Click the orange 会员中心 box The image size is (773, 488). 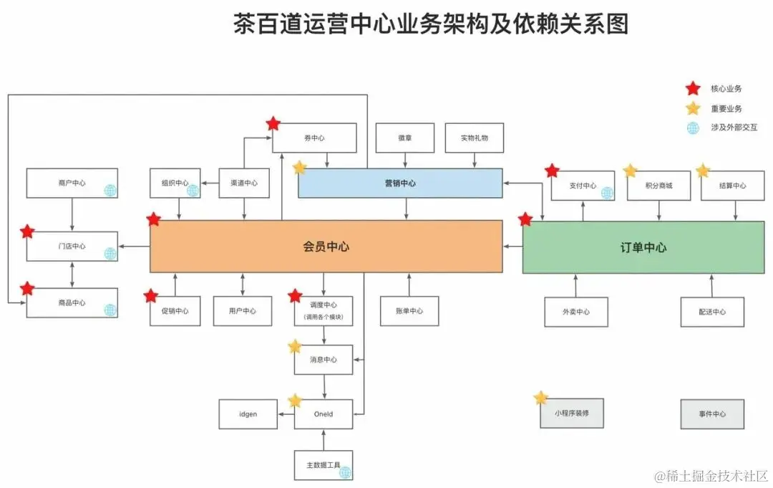tap(326, 247)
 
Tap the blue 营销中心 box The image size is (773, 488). tap(399, 183)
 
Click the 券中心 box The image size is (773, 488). tap(315, 138)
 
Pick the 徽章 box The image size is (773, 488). tap(405, 138)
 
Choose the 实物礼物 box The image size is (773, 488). tap(475, 138)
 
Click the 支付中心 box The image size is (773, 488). tap(583, 186)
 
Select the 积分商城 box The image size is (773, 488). tap(658, 186)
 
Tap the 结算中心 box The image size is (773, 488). tap(733, 186)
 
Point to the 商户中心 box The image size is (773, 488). tap(72, 183)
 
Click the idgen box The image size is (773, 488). tap(248, 414)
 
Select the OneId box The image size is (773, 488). tap(324, 414)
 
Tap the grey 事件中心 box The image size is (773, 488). tap(712, 414)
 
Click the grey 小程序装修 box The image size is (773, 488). tap(572, 413)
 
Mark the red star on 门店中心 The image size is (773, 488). tap(27, 231)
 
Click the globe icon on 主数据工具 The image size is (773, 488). tap(345, 472)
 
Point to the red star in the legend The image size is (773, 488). tap(692, 89)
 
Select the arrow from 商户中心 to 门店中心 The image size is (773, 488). tap(72, 214)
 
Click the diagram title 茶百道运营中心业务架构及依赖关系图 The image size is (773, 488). tap(431, 24)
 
